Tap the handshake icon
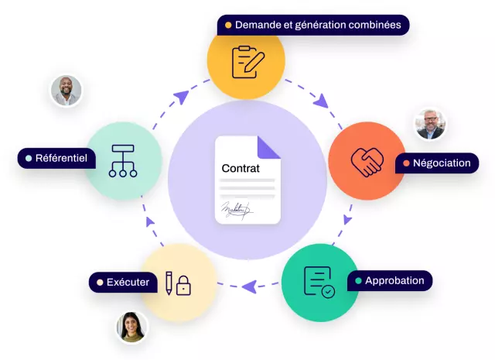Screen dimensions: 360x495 tap(367, 162)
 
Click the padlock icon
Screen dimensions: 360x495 tap(183, 286)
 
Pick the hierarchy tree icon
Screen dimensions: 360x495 tap(123, 160)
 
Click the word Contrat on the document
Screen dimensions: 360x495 tap(241, 168)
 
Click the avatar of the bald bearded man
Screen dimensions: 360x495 tap(66, 91)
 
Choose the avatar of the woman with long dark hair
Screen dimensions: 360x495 tap(131, 327)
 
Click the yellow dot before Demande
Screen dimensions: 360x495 tap(228, 26)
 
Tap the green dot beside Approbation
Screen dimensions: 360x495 tap(357, 280)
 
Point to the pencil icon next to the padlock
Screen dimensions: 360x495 tap(167, 283)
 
